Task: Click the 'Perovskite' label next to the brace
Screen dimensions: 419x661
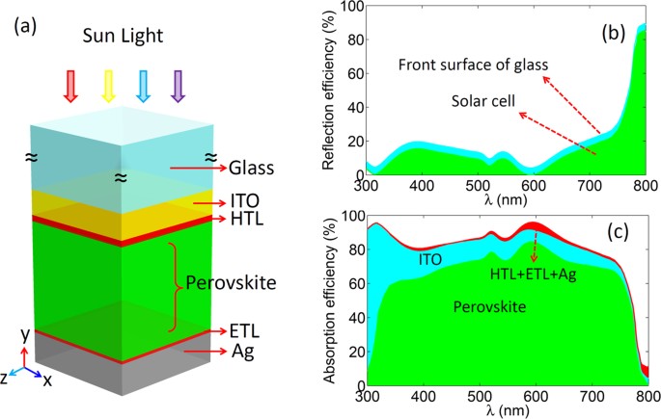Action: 233,285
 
